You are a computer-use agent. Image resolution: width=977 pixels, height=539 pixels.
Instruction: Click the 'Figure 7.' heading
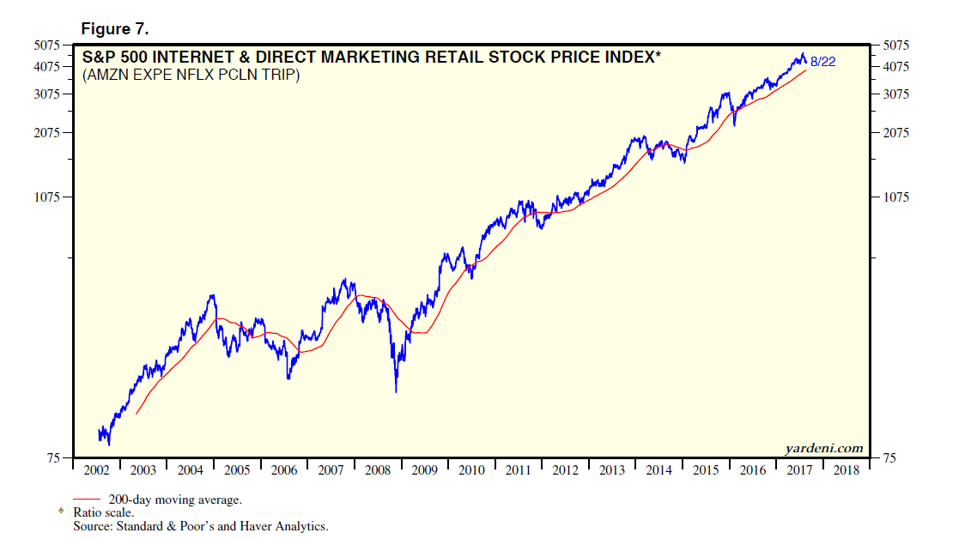(x=114, y=29)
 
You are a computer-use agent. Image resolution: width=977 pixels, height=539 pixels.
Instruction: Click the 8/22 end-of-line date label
(x=822, y=61)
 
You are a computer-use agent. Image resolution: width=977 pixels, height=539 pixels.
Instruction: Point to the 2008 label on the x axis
(x=378, y=470)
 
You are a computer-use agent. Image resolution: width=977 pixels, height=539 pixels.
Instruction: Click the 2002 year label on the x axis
(x=96, y=470)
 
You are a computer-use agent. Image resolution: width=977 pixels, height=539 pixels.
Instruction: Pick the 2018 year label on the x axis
(x=847, y=470)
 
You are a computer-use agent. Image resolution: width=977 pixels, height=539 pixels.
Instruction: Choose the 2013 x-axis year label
(x=612, y=470)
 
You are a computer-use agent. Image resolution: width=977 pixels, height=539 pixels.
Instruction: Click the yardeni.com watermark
(x=823, y=448)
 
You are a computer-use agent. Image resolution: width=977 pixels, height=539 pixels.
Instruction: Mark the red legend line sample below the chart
(x=88, y=499)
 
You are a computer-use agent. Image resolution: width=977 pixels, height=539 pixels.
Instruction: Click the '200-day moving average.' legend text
(x=174, y=500)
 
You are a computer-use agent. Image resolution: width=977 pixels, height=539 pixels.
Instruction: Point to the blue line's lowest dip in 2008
(x=396, y=392)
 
